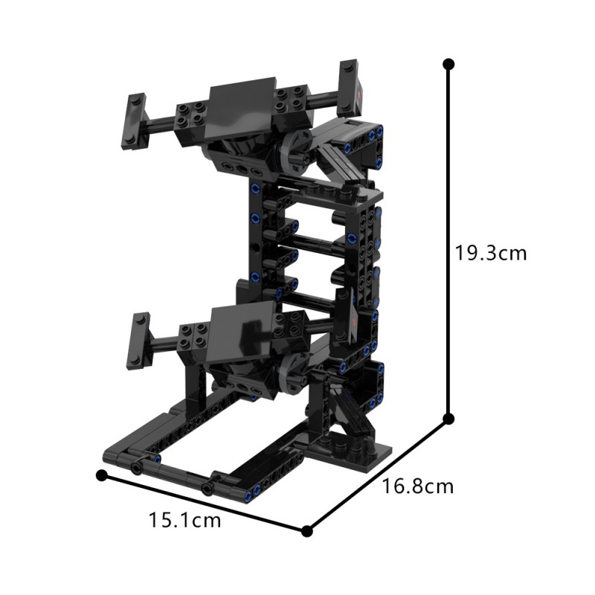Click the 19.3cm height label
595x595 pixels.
pyautogui.click(x=491, y=253)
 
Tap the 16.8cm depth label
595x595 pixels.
pyautogui.click(x=417, y=487)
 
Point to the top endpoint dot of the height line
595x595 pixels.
pyautogui.click(x=448, y=64)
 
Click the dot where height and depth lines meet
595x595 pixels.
pyautogui.click(x=448, y=419)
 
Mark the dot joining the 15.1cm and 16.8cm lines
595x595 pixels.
pyautogui.click(x=306, y=530)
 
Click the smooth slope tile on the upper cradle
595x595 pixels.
pyautogui.click(x=239, y=100)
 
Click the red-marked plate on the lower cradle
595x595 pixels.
pyautogui.click(x=356, y=321)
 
